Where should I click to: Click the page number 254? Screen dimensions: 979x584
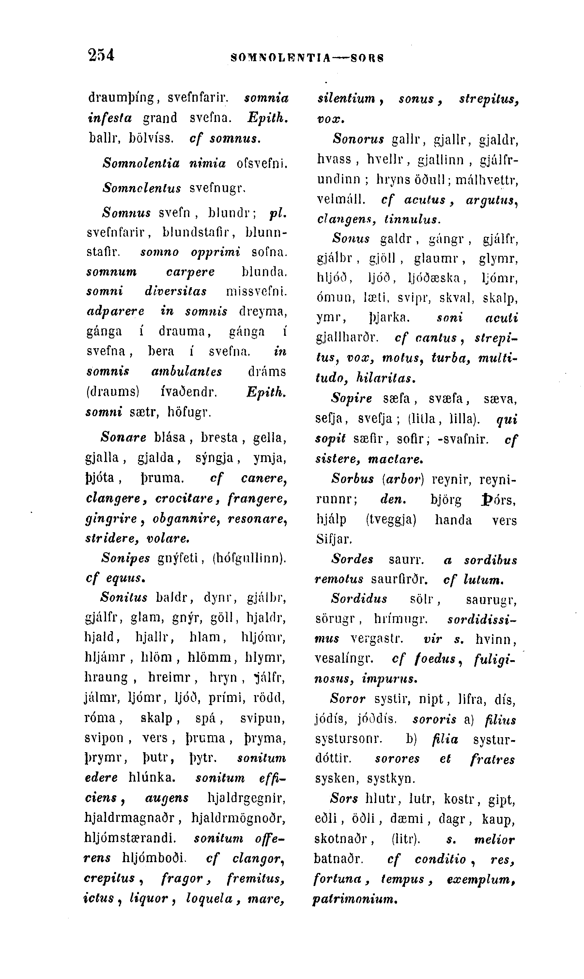coord(101,55)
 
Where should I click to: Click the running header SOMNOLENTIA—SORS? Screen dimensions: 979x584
coord(307,58)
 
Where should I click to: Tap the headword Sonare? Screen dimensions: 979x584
coord(124,437)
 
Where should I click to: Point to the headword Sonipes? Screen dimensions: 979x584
coord(126,558)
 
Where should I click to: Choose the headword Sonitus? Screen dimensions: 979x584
coord(124,598)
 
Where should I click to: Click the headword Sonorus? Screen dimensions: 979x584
coord(358,139)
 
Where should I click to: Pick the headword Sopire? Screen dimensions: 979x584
coord(351,399)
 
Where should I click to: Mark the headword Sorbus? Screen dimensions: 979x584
coord(352,479)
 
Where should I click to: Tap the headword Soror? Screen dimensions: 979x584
coord(347,699)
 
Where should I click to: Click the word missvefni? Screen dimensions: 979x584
coord(256,292)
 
